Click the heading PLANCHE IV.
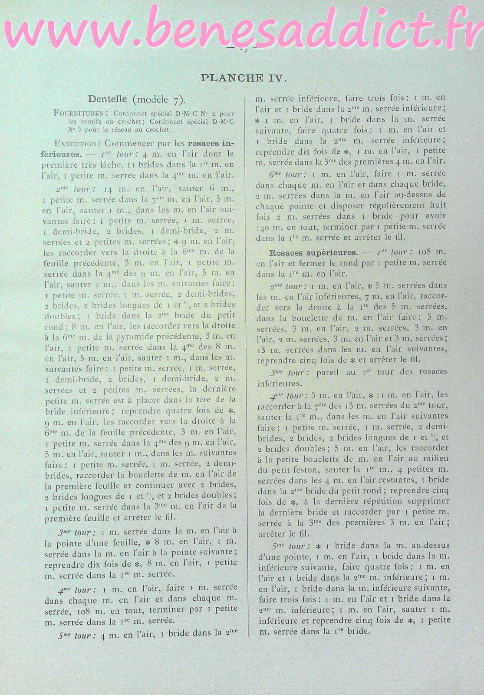coord(243,78)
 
